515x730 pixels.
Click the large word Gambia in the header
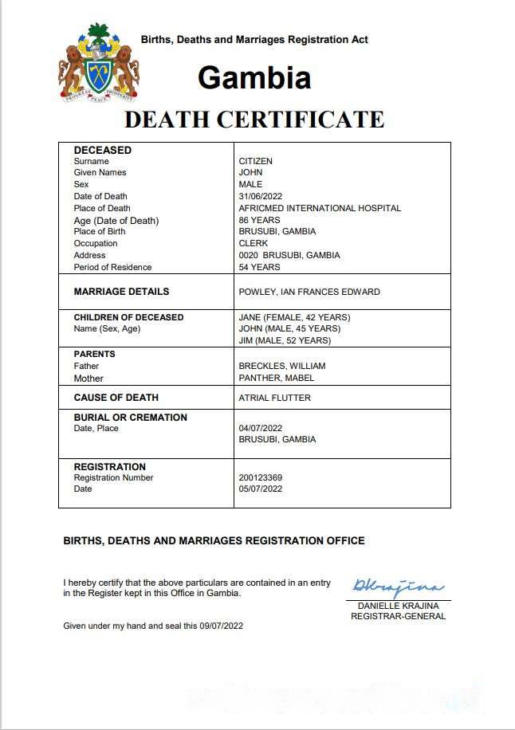point(254,78)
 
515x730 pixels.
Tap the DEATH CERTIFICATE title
point(254,120)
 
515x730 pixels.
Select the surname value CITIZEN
point(255,161)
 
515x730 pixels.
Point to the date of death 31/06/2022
point(261,196)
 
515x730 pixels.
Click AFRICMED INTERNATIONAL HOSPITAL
point(320,208)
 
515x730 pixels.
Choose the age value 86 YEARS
point(259,220)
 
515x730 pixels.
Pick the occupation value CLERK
point(254,243)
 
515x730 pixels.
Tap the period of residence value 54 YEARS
point(259,267)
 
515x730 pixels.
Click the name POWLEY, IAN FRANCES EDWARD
point(309,292)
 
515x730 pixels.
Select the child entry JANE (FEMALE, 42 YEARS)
point(294,317)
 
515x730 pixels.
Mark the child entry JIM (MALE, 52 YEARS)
point(285,340)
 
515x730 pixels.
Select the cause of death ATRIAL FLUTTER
point(274,398)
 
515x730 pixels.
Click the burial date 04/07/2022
point(261,428)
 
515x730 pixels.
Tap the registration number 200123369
point(260,477)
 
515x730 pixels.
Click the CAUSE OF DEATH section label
point(116,398)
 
